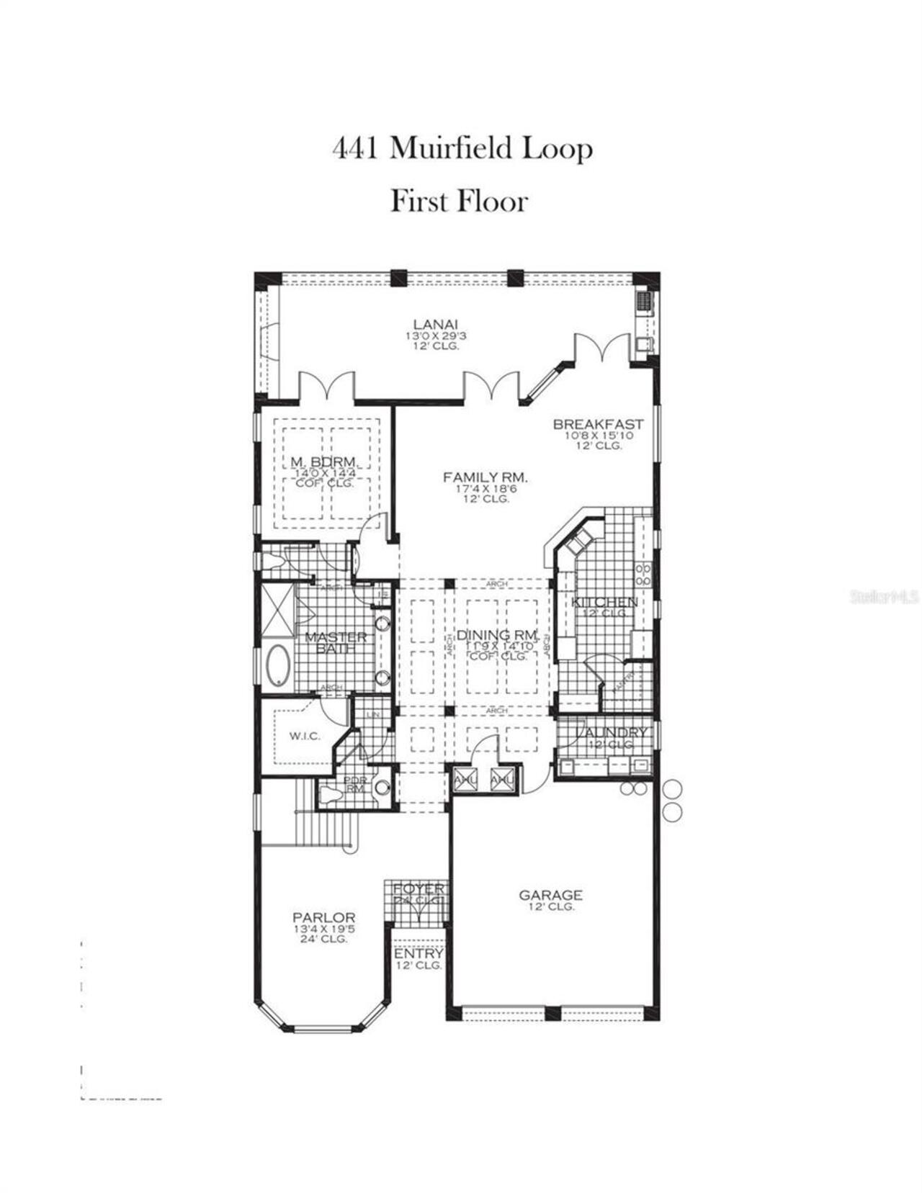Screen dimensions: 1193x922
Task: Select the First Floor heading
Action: (459, 201)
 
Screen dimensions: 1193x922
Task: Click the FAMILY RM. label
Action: (485, 477)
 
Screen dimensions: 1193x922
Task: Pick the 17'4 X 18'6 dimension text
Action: (485, 488)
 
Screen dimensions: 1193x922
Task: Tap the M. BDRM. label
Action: (325, 462)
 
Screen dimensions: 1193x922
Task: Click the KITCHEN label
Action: (605, 601)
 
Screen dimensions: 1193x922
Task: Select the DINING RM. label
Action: (497, 635)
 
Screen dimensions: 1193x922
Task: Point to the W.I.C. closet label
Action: (305, 736)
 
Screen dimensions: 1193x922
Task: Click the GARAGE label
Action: (551, 895)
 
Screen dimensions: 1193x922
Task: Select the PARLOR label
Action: (324, 917)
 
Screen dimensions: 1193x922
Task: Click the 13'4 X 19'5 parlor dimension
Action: (324, 929)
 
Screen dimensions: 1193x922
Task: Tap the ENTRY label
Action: (419, 954)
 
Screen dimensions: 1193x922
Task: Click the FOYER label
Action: (419, 889)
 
